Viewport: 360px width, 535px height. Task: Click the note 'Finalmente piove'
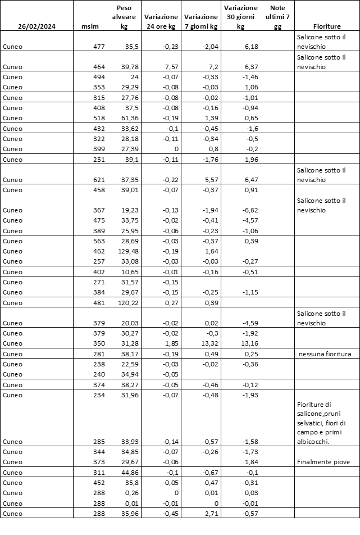(x=323, y=462)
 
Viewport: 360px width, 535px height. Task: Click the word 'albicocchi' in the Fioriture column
(x=314, y=441)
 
